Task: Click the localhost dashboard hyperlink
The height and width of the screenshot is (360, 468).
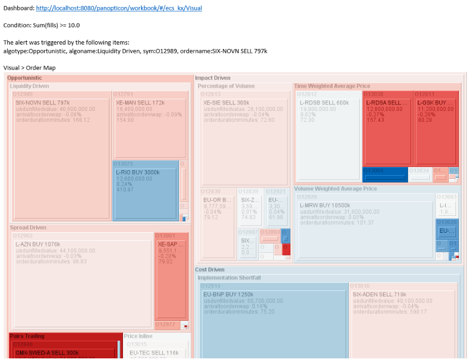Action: pyautogui.click(x=119, y=8)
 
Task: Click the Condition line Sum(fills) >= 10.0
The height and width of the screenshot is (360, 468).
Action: pyautogui.click(x=42, y=25)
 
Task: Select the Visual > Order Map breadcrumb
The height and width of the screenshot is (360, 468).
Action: pyautogui.click(x=29, y=67)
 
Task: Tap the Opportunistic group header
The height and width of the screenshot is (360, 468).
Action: pyautogui.click(x=24, y=78)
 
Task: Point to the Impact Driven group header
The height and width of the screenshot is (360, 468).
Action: pyautogui.click(x=212, y=78)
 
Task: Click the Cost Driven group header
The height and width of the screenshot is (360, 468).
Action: pyautogui.click(x=210, y=270)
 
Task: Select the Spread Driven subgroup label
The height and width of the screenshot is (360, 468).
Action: pyautogui.click(x=28, y=228)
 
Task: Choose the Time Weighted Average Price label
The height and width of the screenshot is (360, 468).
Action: pyautogui.click(x=332, y=86)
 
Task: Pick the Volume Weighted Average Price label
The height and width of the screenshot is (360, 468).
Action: pyautogui.click(x=335, y=189)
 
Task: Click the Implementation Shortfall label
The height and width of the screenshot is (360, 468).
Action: pyautogui.click(x=229, y=278)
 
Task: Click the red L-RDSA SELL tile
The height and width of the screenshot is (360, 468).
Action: pyautogui.click(x=387, y=128)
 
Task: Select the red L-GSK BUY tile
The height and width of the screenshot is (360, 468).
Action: pyautogui.click(x=435, y=128)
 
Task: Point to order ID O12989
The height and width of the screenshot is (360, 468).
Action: pyautogui.click(x=22, y=94)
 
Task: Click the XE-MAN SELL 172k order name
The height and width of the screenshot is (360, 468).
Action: pyautogui.click(x=140, y=103)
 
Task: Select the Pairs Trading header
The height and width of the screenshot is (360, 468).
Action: pyautogui.click(x=27, y=336)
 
